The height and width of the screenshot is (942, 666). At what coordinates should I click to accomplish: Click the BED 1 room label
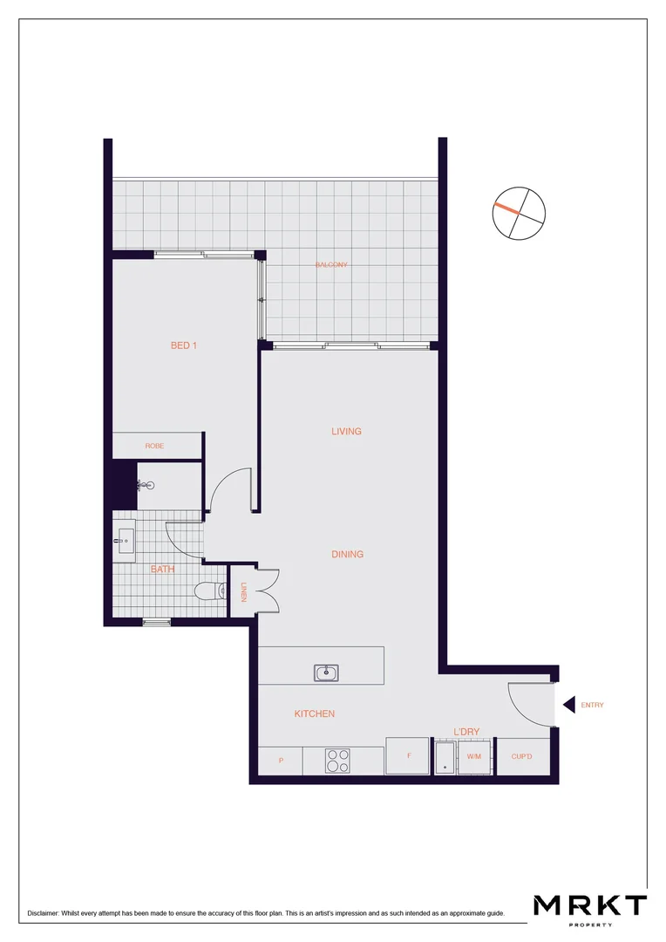click(x=184, y=345)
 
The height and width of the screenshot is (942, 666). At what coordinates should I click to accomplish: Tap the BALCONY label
click(x=331, y=265)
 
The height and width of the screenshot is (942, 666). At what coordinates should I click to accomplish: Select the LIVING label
click(x=346, y=431)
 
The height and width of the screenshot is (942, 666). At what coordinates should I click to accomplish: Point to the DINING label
click(x=347, y=554)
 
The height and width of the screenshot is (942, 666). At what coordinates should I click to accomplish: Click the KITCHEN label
click(x=314, y=713)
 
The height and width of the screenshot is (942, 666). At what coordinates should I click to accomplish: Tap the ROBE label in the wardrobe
click(x=154, y=446)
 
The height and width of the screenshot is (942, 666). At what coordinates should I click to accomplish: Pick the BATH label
click(x=163, y=569)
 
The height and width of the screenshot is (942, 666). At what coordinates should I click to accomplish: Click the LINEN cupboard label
click(x=244, y=592)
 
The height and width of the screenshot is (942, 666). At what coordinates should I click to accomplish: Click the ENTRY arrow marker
click(x=568, y=705)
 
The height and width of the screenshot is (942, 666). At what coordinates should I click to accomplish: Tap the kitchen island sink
click(x=327, y=672)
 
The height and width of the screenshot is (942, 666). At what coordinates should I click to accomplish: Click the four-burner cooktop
click(x=337, y=761)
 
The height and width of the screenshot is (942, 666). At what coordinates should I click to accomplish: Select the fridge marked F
click(x=407, y=756)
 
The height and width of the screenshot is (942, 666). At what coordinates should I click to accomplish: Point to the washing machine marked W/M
click(x=474, y=756)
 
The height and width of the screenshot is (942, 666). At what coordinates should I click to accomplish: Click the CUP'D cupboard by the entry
click(x=523, y=756)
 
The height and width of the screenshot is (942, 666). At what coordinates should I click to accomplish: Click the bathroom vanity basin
click(x=125, y=541)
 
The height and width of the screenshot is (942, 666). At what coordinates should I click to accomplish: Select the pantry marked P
click(x=281, y=761)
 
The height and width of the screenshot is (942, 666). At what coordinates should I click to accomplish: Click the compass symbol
click(x=518, y=213)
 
